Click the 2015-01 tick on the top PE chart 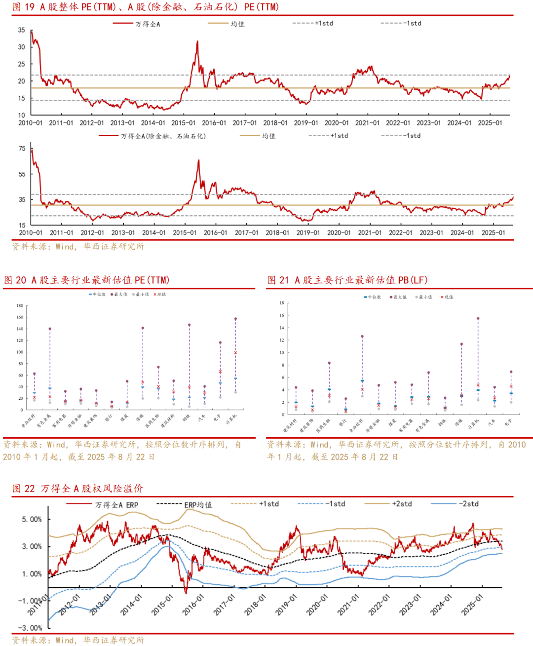183,123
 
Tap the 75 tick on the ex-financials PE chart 22,149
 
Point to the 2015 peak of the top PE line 197,41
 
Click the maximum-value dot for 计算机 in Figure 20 235,319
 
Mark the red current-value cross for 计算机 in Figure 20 235,352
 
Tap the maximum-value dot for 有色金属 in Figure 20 50,329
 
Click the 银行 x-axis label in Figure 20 109,418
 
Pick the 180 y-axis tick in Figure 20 20,305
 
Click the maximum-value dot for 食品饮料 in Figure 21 362,337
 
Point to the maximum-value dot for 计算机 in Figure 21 478,319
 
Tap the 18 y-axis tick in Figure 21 282,303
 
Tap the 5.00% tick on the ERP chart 32,519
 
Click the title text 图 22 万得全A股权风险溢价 77,488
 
